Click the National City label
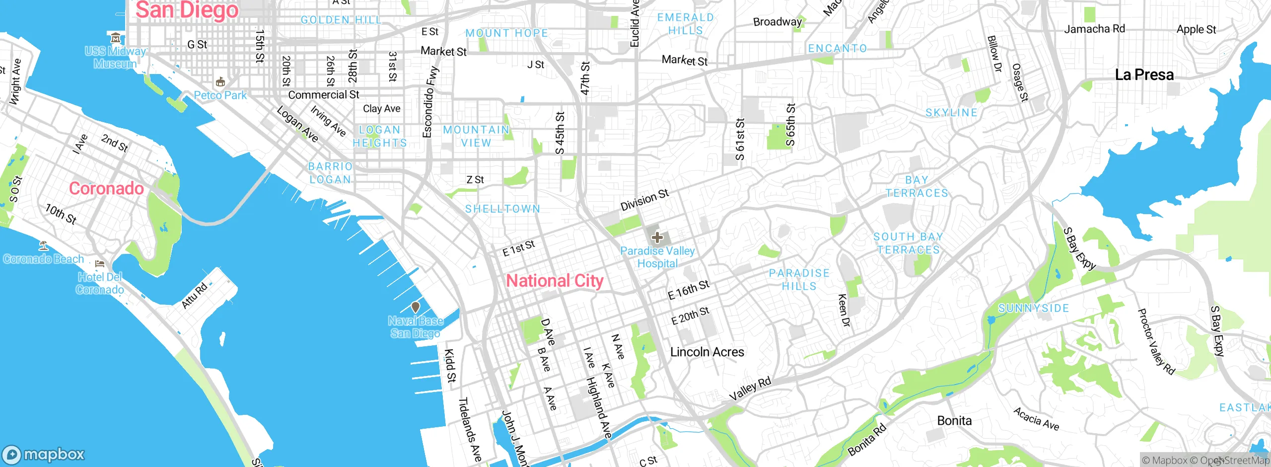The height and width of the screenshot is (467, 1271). pyautogui.click(x=555, y=281)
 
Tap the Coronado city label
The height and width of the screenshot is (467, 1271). pyautogui.click(x=106, y=188)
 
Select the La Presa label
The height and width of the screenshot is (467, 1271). pyautogui.click(x=1144, y=75)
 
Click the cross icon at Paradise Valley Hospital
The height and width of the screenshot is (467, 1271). pyautogui.click(x=657, y=237)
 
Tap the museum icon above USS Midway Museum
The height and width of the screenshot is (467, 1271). pyautogui.click(x=115, y=38)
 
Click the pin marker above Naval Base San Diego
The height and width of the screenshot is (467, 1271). pyautogui.click(x=416, y=308)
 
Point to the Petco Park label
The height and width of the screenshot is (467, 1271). pyautogui.click(x=220, y=95)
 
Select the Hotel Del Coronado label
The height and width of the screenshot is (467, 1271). pyautogui.click(x=100, y=283)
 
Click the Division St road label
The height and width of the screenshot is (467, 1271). pyautogui.click(x=644, y=200)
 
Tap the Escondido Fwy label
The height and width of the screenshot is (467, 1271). pyautogui.click(x=430, y=102)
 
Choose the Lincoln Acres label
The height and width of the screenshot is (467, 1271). pyautogui.click(x=707, y=352)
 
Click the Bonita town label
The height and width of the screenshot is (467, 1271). pyautogui.click(x=954, y=421)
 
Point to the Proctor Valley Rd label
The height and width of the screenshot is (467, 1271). pyautogui.click(x=1156, y=342)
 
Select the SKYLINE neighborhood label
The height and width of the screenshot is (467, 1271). pyautogui.click(x=951, y=113)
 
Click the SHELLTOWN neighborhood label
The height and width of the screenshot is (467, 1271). pyautogui.click(x=502, y=209)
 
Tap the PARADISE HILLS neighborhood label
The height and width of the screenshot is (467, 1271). pyautogui.click(x=799, y=280)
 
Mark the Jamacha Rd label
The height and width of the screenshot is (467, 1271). pyautogui.click(x=1094, y=29)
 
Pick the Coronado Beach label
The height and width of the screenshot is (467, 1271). pyautogui.click(x=44, y=259)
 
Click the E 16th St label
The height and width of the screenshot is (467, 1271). pyautogui.click(x=689, y=290)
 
